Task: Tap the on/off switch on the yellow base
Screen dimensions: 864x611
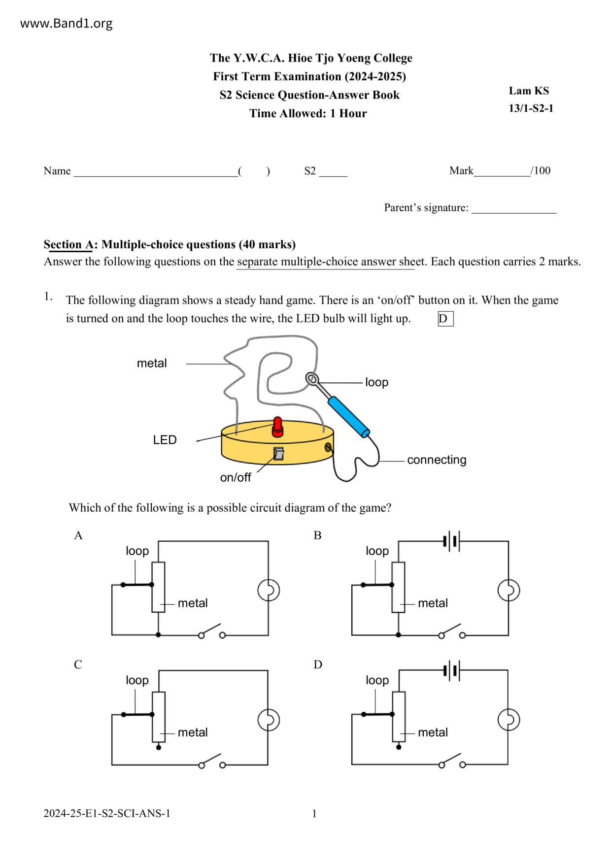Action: coord(279,454)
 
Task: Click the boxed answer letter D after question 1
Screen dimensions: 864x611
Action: coord(445,319)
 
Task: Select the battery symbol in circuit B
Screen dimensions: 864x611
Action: coord(451,541)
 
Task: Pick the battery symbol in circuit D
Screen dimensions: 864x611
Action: coord(451,670)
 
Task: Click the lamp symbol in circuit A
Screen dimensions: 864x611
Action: coord(269,590)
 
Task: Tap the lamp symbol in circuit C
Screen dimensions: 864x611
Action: coord(269,720)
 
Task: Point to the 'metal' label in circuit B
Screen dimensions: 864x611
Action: coord(433,603)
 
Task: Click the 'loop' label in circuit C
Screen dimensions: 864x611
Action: coord(137,680)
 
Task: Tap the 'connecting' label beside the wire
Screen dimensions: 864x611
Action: coord(437,460)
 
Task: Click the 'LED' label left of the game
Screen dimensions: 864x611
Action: coord(165,440)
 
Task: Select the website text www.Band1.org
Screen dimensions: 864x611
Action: coord(66,23)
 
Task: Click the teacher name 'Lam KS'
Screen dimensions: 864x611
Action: coord(529,91)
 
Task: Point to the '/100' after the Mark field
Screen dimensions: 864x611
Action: coord(541,171)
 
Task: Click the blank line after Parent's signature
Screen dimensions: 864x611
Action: coord(514,209)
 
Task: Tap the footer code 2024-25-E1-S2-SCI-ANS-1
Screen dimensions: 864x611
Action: coord(107,813)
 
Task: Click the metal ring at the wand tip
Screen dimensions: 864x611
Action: coord(312,378)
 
